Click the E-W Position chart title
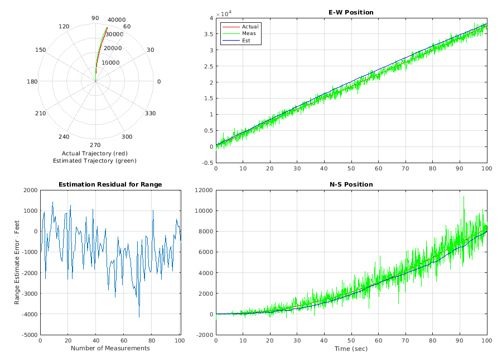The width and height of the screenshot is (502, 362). (351, 12)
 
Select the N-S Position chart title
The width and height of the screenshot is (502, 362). (351, 184)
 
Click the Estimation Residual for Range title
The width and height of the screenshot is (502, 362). (110, 184)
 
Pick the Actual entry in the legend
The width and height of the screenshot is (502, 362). (250, 27)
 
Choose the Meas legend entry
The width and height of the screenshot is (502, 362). (249, 33)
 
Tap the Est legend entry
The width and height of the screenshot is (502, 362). (247, 40)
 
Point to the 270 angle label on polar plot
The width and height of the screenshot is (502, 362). (95, 145)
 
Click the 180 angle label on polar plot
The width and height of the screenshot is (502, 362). (32, 82)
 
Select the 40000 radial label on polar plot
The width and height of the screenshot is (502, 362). (117, 19)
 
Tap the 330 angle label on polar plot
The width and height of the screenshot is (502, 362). (150, 114)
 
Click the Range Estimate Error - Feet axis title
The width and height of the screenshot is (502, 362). (17, 262)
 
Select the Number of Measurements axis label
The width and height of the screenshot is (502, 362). (110, 348)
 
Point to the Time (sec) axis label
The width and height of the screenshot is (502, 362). (351, 348)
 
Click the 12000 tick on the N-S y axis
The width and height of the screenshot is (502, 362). (203, 190)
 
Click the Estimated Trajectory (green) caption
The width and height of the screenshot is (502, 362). (94, 160)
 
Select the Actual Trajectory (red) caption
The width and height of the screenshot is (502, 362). (94, 153)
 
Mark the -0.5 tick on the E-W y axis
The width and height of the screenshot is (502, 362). (206, 163)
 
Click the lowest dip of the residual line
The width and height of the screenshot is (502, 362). (139, 317)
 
